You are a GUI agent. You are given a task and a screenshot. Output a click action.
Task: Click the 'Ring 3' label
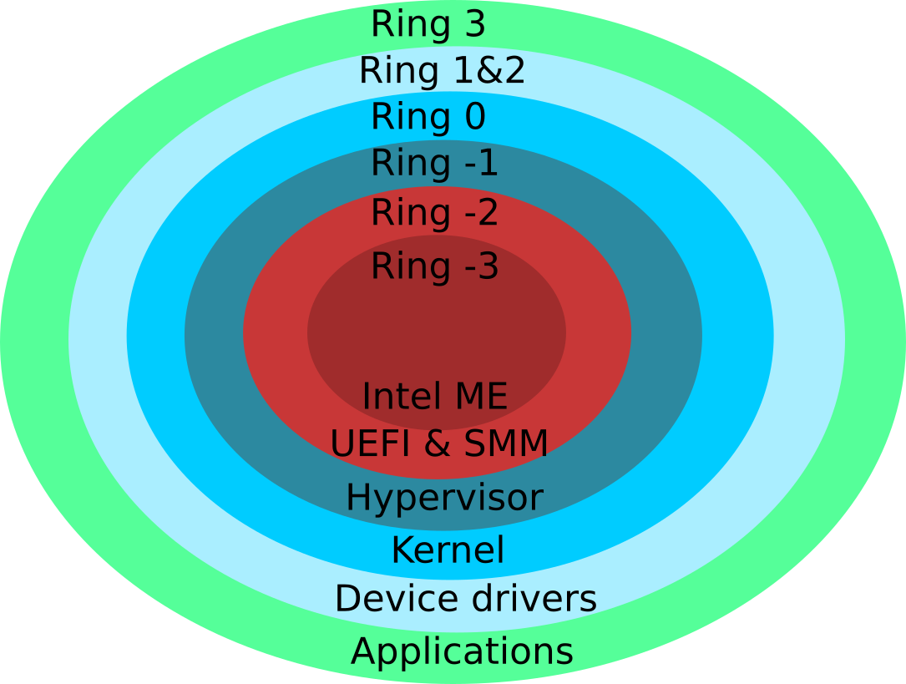tap(428, 24)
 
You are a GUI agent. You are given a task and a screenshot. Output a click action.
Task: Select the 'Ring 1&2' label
tap(442, 71)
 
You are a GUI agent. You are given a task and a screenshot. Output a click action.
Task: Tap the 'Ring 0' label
tap(428, 117)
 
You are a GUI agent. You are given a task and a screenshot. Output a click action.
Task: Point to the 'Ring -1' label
tap(434, 163)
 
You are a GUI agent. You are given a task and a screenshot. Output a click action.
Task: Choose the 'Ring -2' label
tap(434, 213)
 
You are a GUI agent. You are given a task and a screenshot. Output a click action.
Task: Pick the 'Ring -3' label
tap(434, 266)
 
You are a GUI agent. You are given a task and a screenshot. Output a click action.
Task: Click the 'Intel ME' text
tap(434, 396)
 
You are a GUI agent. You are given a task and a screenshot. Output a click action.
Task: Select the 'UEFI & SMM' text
tap(439, 444)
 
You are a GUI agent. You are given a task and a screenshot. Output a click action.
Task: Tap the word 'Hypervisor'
tap(444, 499)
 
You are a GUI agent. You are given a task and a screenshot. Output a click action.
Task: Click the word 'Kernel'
tap(448, 550)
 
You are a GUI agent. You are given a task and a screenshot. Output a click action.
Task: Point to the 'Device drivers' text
tap(465, 599)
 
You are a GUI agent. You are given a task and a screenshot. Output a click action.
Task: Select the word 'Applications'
tap(462, 651)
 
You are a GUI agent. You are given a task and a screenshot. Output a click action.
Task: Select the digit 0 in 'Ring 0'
tap(473, 117)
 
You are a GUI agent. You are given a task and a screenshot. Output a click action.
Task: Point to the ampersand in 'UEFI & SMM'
tap(438, 444)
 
